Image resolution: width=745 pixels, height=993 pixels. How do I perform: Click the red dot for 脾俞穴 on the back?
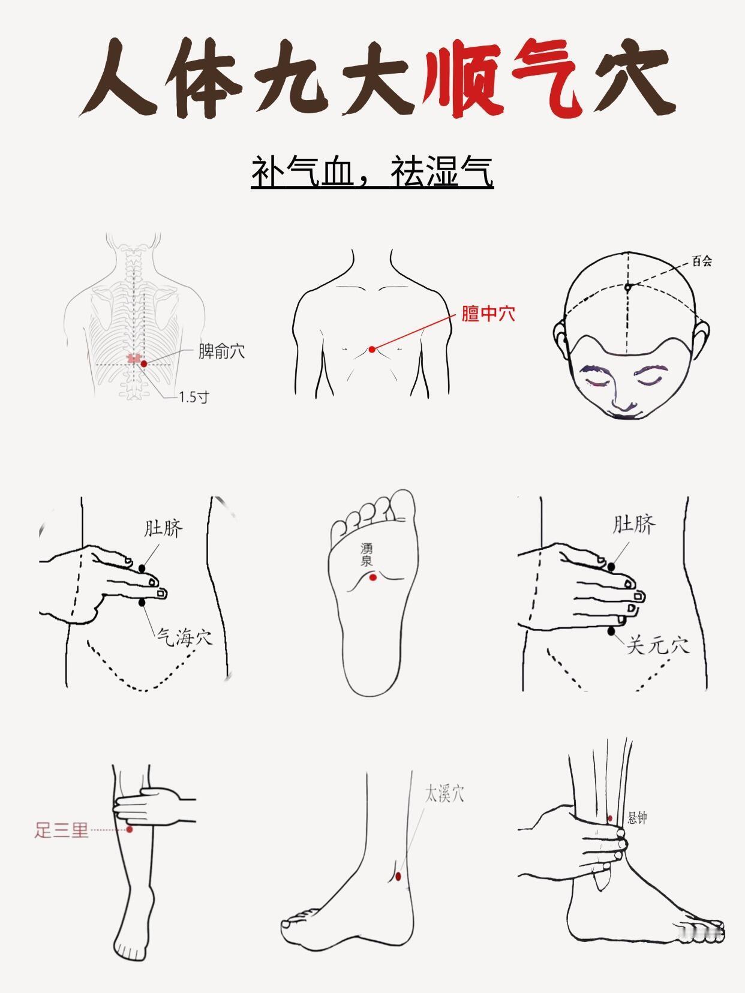tap(144, 363)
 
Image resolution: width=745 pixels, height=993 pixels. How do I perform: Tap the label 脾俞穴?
tap(222, 351)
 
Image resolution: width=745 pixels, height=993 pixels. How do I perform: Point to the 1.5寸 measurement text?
tap(194, 397)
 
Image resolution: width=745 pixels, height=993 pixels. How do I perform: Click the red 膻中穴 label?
tap(488, 314)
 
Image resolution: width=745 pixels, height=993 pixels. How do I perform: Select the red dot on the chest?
tap(372, 349)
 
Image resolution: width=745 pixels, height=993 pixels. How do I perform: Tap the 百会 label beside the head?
tap(702, 261)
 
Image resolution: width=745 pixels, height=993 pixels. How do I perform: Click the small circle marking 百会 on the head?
tap(627, 287)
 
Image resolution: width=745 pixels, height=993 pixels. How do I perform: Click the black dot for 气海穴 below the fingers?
tap(142, 602)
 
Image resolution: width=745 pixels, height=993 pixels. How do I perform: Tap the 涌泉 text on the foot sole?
tap(367, 555)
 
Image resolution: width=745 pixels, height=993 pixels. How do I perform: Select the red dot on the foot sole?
tap(372, 577)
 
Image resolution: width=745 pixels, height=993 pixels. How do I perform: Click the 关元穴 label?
tap(658, 645)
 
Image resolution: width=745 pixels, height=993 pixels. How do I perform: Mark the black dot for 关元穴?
tap(612, 631)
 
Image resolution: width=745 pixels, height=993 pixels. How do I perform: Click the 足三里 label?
tap(62, 830)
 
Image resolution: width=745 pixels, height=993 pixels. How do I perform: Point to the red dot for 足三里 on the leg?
tap(130, 829)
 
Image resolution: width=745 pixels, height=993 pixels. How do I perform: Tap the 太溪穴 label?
tap(444, 795)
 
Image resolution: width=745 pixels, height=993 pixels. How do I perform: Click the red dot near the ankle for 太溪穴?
tap(398, 877)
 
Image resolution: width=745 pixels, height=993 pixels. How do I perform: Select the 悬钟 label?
tap(638, 817)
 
